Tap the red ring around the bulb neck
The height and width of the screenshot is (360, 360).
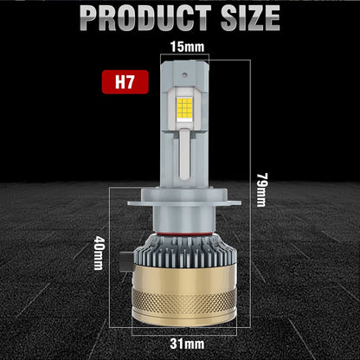180,233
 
